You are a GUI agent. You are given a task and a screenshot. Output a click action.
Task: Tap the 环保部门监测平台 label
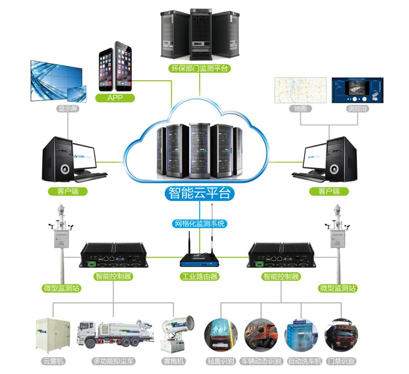click(199, 68)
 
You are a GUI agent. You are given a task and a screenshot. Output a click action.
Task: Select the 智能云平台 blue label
click(200, 194)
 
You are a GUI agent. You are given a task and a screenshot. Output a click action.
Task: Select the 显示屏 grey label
click(67, 109)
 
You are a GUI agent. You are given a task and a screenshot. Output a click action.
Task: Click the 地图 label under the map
click(300, 109)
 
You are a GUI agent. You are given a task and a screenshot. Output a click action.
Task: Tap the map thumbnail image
click(300, 91)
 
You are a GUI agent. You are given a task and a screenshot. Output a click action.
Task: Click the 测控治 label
click(357, 109)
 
